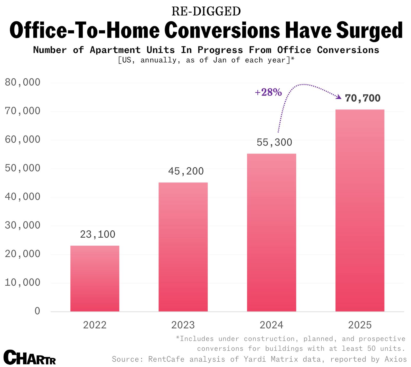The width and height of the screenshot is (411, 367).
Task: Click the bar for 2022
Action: tap(95, 278)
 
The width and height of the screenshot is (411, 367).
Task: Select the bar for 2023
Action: tap(183, 247)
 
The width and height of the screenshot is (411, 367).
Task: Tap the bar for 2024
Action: tap(272, 233)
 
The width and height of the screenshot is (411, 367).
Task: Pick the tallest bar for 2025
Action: tap(360, 210)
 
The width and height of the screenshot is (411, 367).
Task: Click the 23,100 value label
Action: tap(98, 234)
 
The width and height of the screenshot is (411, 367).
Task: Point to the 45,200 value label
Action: tap(186, 171)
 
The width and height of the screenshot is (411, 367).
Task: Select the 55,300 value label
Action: tap(274, 142)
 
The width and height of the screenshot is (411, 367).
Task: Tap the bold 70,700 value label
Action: tap(362, 98)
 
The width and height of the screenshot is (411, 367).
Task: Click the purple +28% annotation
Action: tap(268, 92)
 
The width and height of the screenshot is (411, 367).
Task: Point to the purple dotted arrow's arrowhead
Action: tap(339, 97)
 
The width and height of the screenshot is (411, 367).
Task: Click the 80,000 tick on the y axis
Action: tap(23, 82)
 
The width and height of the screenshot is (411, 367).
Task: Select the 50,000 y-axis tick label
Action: tap(23, 168)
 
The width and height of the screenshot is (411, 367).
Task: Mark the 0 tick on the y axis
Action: tap(37, 311)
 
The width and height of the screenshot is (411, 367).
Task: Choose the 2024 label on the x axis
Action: tap(271, 325)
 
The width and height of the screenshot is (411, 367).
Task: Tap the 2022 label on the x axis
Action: tap(95, 325)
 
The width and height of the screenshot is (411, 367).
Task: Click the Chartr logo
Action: tap(30, 357)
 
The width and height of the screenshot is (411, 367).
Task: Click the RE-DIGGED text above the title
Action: tap(206, 11)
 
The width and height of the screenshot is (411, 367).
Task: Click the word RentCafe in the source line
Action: tap(166, 359)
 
